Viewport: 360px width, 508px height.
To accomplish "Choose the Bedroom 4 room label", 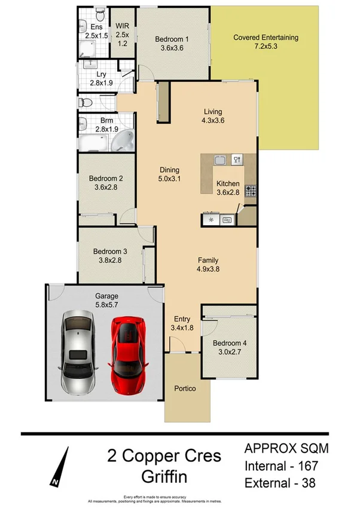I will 228,348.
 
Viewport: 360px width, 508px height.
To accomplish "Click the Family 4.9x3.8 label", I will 208,265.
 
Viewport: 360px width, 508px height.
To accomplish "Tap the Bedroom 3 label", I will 106,256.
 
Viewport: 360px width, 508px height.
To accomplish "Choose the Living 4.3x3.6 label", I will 213,116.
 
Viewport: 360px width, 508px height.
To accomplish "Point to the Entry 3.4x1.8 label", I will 181,323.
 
